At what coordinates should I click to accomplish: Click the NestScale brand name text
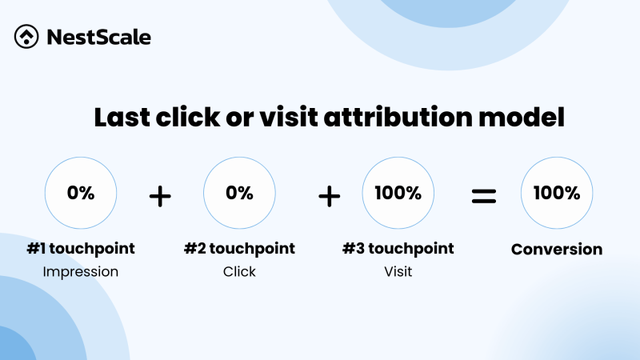(98, 37)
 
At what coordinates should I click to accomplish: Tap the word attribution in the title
(415, 118)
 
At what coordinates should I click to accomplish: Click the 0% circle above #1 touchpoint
(80, 194)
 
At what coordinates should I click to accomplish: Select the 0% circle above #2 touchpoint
(239, 194)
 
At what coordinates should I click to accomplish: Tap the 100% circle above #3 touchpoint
(398, 194)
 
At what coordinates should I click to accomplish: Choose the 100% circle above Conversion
(557, 194)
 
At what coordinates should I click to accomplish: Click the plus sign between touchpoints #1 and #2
(160, 195)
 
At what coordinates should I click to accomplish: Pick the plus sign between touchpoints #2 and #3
(329, 195)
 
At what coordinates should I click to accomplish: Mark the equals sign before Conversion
(483, 195)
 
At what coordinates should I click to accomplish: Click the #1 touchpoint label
(80, 249)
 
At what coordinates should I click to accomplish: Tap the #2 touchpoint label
(239, 249)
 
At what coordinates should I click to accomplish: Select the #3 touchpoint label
(398, 249)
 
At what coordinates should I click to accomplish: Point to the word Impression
(80, 272)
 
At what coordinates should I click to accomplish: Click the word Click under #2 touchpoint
(239, 272)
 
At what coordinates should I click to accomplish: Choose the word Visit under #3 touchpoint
(398, 272)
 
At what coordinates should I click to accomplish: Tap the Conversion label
(557, 250)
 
